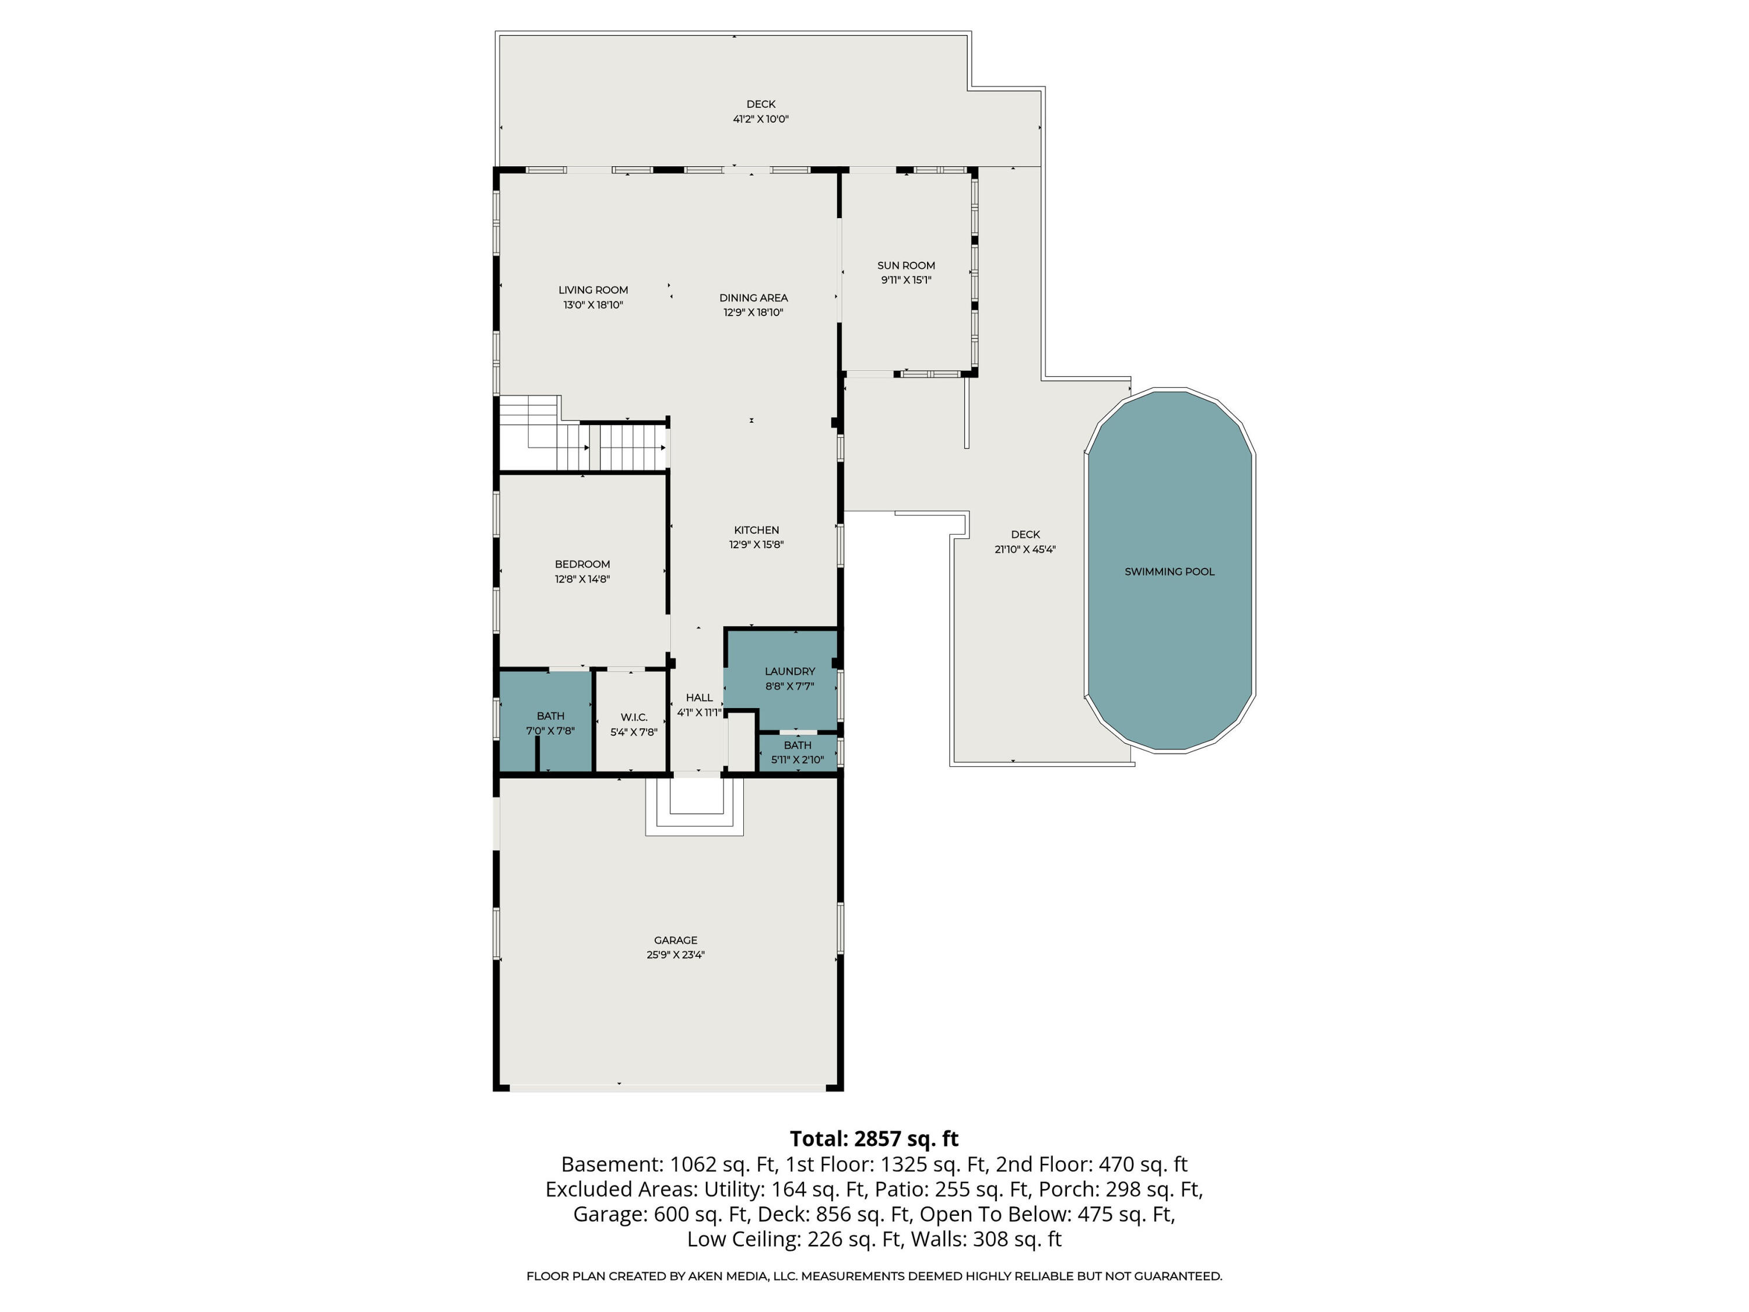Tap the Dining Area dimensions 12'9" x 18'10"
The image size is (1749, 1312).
[753, 313]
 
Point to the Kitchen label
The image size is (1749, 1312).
[757, 530]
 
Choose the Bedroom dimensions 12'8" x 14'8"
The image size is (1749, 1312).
[582, 579]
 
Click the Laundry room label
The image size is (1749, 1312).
[789, 671]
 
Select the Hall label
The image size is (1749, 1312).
[699, 697]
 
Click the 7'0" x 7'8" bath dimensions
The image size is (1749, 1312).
[550, 731]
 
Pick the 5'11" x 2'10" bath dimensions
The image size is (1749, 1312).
[797, 760]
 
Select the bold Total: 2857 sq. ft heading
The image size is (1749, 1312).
[874, 1139]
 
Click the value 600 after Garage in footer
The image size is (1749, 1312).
[670, 1214]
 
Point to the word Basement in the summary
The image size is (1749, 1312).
[610, 1164]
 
